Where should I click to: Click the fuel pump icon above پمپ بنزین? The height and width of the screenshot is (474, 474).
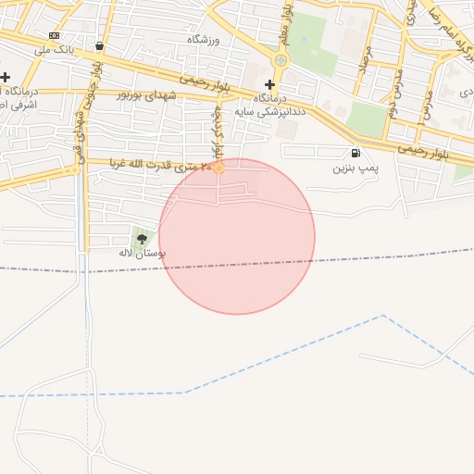click(355, 154)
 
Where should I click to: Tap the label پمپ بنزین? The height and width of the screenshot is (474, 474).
click(355, 169)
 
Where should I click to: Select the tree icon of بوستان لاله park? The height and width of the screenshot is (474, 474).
click(142, 239)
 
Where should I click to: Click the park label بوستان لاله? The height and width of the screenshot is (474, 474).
click(142, 253)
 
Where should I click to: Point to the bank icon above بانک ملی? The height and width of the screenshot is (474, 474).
click(54, 35)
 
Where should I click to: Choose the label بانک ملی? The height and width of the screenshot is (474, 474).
click(54, 49)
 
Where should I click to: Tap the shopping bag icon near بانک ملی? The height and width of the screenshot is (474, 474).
click(99, 45)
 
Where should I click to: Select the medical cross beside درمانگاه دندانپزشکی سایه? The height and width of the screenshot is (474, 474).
click(269, 84)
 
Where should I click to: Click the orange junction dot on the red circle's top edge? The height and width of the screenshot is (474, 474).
click(218, 168)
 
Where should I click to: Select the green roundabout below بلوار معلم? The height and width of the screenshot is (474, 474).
click(281, 60)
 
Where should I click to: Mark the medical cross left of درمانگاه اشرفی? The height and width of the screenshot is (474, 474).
click(6, 78)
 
